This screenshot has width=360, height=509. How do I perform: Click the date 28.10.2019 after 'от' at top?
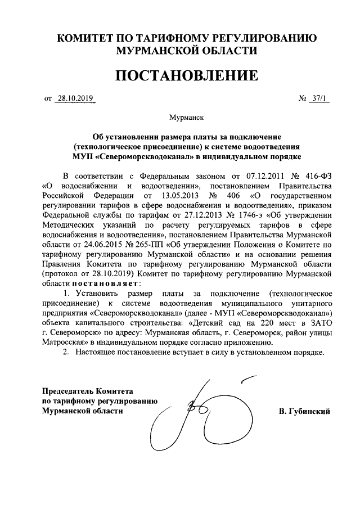(x=75, y=100)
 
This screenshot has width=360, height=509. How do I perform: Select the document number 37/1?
(x=318, y=100)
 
